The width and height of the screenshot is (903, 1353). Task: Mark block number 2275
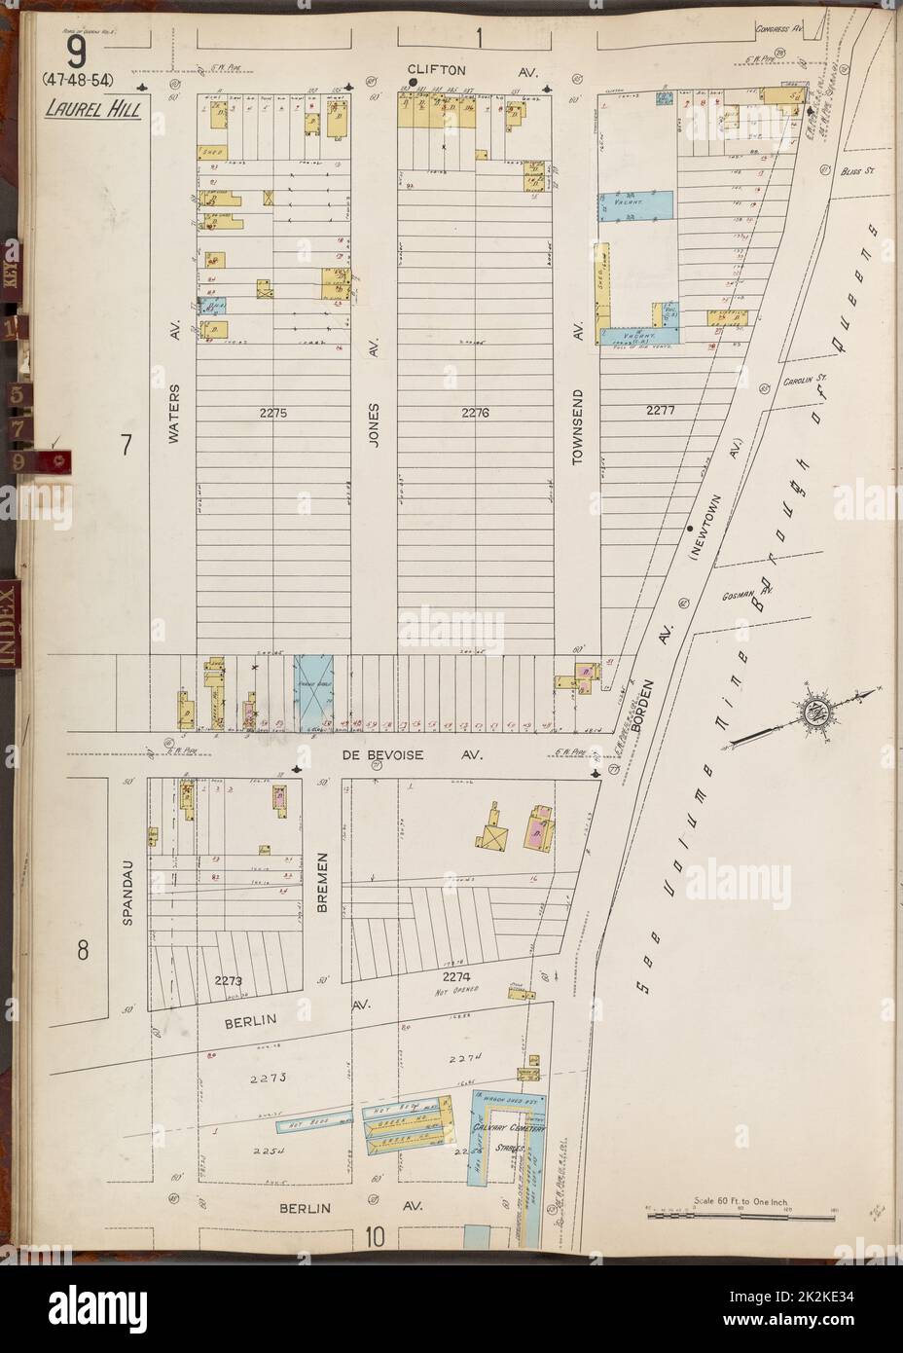pyautogui.click(x=274, y=413)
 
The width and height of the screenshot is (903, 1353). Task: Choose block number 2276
pyautogui.click(x=475, y=413)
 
